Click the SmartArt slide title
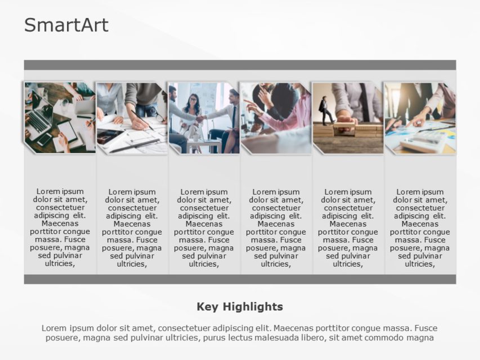[x=66, y=25]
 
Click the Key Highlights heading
[x=240, y=307]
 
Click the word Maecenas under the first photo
[x=60, y=223]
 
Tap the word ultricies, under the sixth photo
[x=419, y=263]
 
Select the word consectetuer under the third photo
[x=204, y=208]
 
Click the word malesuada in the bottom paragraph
[x=291, y=337]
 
